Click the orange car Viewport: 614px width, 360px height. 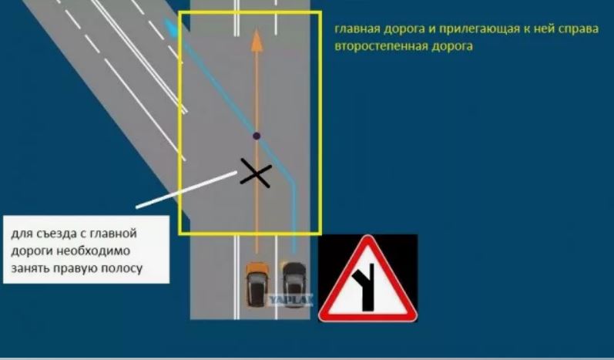pyautogui.click(x=257, y=284)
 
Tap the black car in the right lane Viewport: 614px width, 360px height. pyautogui.click(x=294, y=284)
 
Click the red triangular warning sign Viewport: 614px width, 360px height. pyautogui.click(x=367, y=279)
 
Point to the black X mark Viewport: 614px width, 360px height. pyautogui.click(x=256, y=173)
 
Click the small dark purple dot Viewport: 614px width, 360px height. pyautogui.click(x=257, y=136)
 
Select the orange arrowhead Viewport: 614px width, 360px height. pyautogui.click(x=257, y=40)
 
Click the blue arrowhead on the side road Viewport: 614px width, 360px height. pyautogui.click(x=170, y=26)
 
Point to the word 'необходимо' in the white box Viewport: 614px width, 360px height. pyautogui.click(x=92, y=251)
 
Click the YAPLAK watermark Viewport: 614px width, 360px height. pyautogui.click(x=290, y=301)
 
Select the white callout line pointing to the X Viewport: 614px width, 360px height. pyautogui.click(x=186, y=190)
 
